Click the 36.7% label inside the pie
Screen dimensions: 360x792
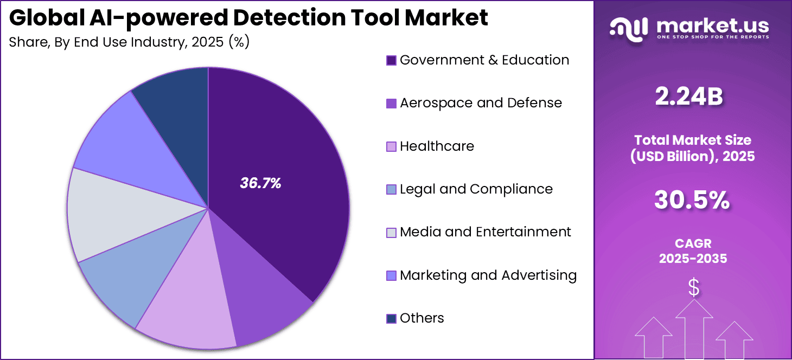click(260, 184)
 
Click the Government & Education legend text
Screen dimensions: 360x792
click(484, 60)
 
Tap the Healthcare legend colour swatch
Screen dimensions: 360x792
click(391, 147)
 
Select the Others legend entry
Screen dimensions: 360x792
click(421, 318)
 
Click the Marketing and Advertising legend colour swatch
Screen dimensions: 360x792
click(391, 276)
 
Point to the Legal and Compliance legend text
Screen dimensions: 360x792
click(476, 189)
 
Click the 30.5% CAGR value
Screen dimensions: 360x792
click(692, 200)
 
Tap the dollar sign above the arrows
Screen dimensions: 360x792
click(694, 287)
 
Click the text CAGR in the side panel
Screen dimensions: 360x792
click(693, 244)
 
